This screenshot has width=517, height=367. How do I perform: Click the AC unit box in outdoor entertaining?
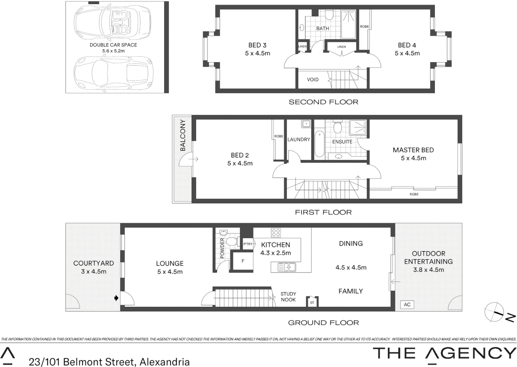pos(407,304)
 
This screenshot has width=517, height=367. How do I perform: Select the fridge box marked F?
pos(243,261)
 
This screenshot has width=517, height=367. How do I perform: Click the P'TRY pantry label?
pos(248,244)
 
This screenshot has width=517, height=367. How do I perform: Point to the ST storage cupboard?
pos(312,302)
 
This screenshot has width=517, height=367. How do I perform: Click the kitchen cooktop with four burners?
pos(276,232)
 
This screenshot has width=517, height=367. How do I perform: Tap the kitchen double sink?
pos(287,267)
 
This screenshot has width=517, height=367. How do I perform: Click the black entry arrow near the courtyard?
pos(116,298)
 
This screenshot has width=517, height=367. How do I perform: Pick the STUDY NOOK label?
pos(288,297)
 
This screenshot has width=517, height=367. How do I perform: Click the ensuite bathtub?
pos(319,144)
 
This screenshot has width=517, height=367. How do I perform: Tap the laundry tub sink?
pos(306,124)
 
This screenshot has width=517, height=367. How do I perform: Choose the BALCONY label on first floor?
pos(183,135)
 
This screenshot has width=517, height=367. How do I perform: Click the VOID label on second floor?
pos(312,80)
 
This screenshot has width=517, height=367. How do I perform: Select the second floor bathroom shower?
pos(349,24)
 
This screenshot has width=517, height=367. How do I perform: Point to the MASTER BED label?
pos(413,150)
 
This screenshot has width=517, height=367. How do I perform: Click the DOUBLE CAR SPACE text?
pos(113,45)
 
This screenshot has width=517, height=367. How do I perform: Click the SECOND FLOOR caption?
pos(323,102)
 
